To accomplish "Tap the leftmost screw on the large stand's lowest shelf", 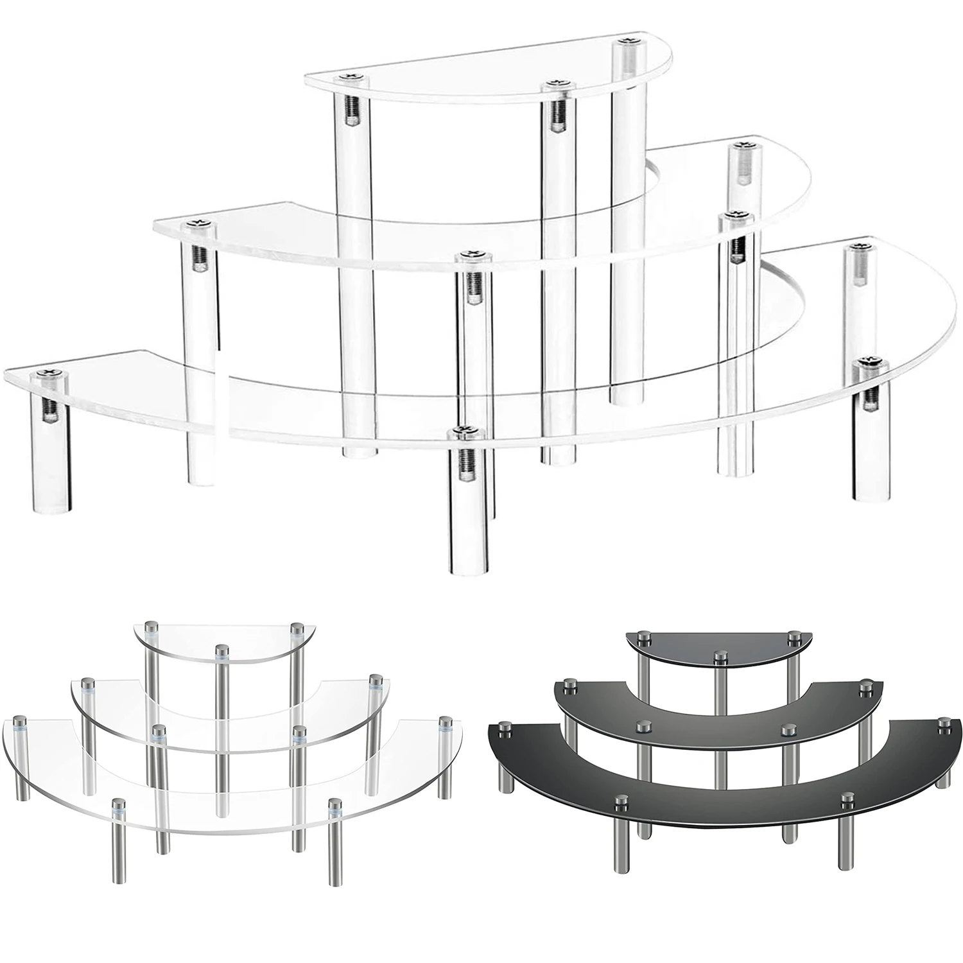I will [46, 373].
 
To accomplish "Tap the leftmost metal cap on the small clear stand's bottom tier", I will [17, 722].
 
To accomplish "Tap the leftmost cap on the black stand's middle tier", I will [568, 685].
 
